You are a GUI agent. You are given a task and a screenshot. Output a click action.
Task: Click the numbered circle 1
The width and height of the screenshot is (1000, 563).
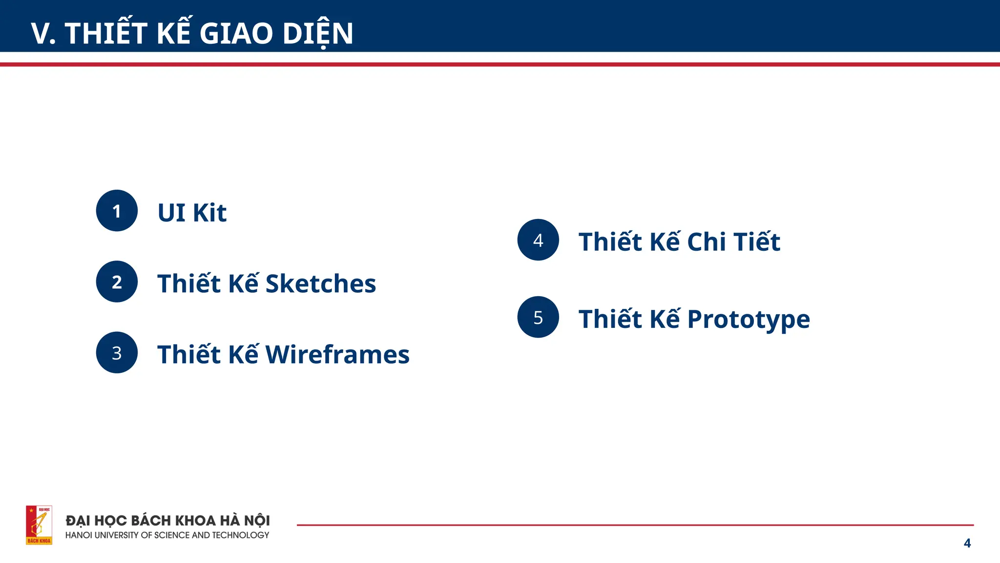(117, 211)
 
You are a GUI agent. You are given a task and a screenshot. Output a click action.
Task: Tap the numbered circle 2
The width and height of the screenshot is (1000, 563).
(117, 281)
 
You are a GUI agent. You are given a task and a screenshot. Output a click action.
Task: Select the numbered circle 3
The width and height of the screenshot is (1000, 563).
(117, 352)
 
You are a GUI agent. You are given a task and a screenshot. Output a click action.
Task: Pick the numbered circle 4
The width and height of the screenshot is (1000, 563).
(538, 239)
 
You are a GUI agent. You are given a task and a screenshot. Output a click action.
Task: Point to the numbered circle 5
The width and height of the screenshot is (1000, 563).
(538, 317)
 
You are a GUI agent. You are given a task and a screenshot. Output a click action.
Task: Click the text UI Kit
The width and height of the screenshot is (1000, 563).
(192, 213)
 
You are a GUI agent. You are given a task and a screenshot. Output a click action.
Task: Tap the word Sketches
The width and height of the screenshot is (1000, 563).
(320, 284)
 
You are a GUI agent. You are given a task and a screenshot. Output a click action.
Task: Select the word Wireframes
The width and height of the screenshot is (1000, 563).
(337, 355)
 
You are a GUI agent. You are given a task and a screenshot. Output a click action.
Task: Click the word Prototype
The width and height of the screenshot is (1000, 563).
(748, 320)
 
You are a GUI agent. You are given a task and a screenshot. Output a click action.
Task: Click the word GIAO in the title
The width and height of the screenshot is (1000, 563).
(236, 33)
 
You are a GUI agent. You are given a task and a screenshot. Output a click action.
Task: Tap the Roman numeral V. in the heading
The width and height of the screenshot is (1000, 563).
(43, 34)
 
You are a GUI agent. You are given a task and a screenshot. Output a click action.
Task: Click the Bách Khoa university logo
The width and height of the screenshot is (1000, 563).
(39, 525)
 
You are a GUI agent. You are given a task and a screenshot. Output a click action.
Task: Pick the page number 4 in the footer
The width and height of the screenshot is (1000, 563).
(967, 543)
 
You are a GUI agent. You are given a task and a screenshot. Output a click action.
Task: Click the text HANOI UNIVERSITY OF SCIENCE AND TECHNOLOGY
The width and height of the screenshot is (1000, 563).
(167, 535)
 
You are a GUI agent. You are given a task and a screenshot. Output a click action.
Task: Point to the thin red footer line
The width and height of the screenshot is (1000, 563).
(635, 525)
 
